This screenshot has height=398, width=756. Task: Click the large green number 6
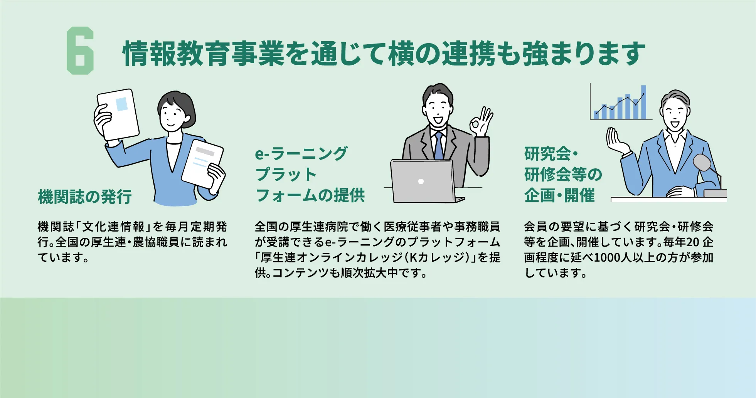[x=80, y=50]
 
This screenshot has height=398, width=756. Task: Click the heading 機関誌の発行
[x=85, y=197]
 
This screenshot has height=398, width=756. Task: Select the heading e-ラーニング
[x=301, y=153]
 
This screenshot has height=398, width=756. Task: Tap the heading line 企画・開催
[x=559, y=195]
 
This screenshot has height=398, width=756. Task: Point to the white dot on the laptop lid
[x=421, y=181]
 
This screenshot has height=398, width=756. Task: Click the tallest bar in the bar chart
[x=643, y=102]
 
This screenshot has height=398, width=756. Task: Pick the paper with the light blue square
[x=118, y=114]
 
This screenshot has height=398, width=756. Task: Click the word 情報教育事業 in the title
[x=203, y=54]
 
